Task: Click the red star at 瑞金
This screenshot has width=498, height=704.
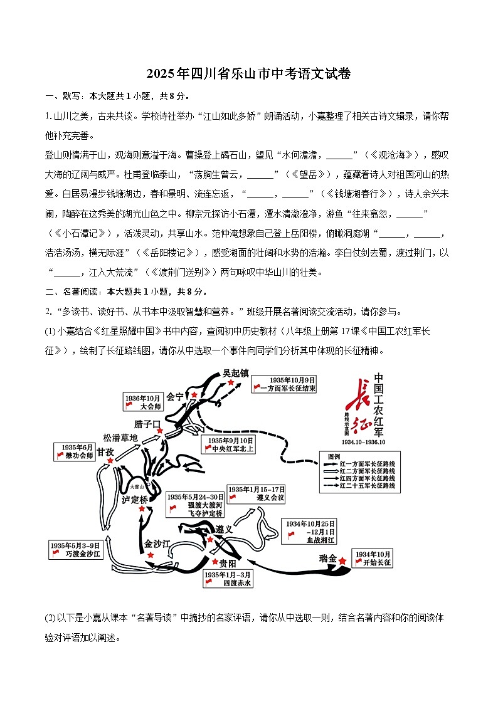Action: click(x=342, y=561)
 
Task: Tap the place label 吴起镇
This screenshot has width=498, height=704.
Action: click(x=235, y=372)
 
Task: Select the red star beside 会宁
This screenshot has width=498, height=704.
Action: click(x=194, y=394)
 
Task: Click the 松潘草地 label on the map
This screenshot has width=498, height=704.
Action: click(x=120, y=438)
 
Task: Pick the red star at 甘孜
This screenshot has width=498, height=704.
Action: click(x=111, y=461)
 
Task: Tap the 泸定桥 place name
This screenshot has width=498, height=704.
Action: click(x=135, y=500)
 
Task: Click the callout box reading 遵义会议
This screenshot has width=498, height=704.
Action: click(x=257, y=493)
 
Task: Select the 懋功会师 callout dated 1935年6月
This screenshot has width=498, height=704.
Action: click(x=74, y=451)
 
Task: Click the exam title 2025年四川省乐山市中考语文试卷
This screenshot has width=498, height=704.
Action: click(x=248, y=74)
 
